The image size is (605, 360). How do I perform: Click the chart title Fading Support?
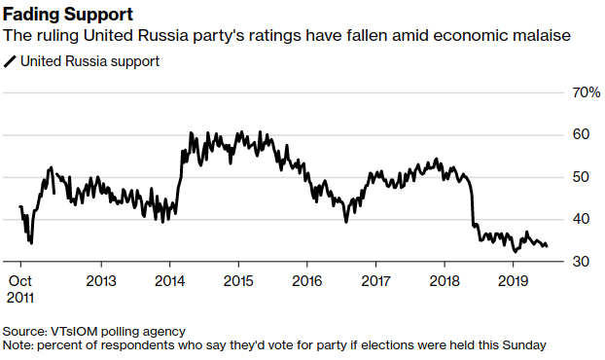[68, 14]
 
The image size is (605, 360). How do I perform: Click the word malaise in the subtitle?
[541, 37]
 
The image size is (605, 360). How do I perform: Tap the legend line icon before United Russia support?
[10, 61]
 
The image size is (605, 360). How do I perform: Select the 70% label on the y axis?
[584, 92]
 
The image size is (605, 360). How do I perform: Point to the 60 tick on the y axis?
[580, 134]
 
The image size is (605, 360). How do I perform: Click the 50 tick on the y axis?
[580, 177]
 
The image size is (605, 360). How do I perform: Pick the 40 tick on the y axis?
[580, 220]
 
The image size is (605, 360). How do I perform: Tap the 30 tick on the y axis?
[580, 262]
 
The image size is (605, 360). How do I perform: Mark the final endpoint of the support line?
[547, 246]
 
